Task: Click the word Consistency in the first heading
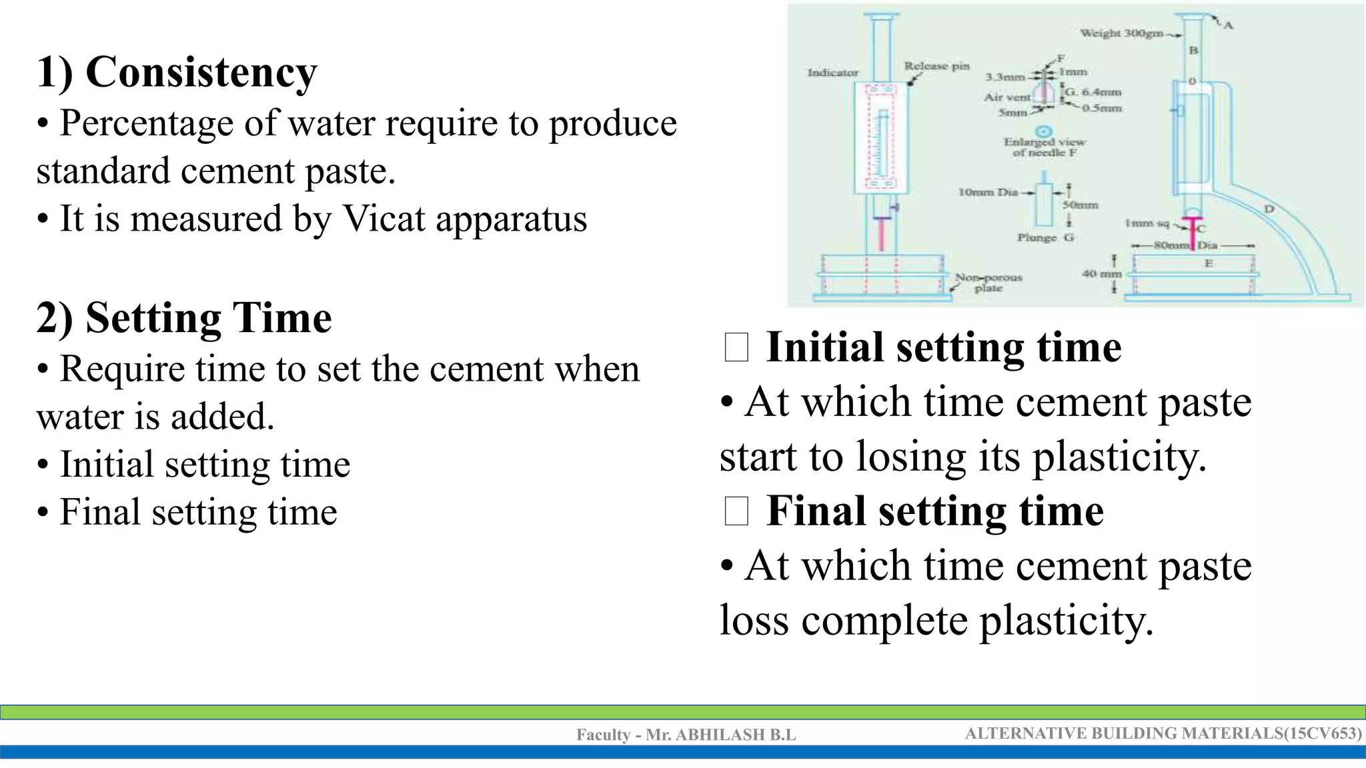pos(201,72)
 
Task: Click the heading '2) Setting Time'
pos(184,317)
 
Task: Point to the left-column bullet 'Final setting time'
pos(198,512)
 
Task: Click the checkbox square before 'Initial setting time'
pos(736,348)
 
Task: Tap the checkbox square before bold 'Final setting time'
pos(736,512)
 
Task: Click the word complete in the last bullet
pos(884,621)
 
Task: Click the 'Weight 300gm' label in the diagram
pos(1121,33)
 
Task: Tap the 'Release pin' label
pos(936,65)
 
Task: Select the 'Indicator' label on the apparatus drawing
pos(833,72)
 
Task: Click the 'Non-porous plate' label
pos(988,282)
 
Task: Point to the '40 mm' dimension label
pos(1101,273)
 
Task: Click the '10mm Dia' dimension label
pos(988,192)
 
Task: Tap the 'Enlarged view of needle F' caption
pos(1045,147)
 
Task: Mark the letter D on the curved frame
pos(1269,209)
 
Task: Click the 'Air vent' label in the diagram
pos(1007,97)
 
